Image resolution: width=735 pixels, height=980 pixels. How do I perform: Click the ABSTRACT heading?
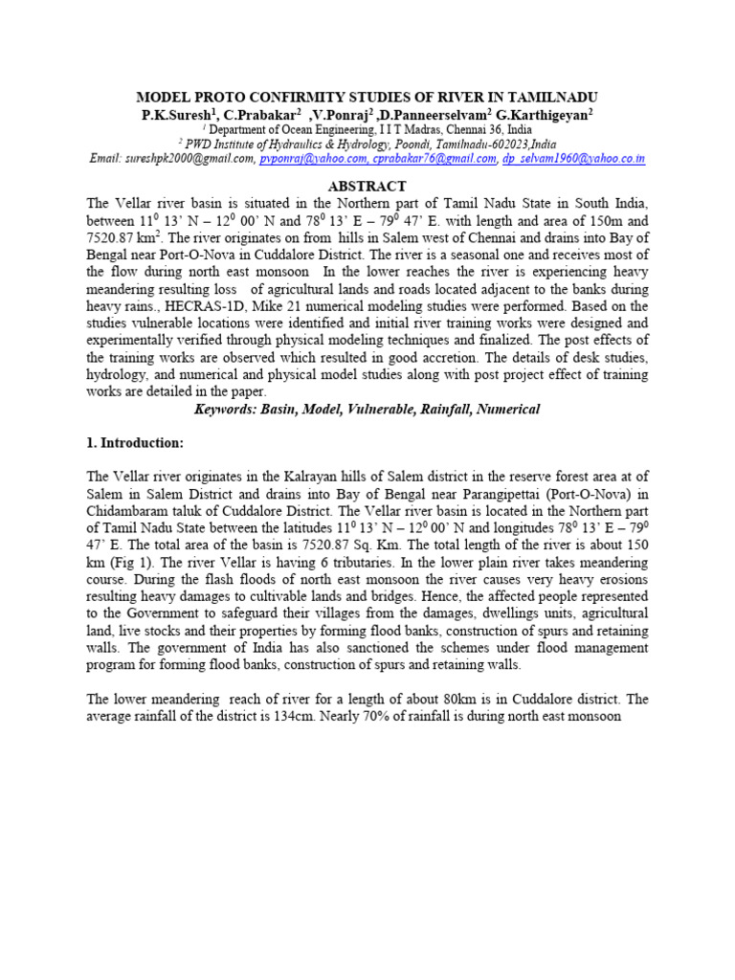(367, 187)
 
